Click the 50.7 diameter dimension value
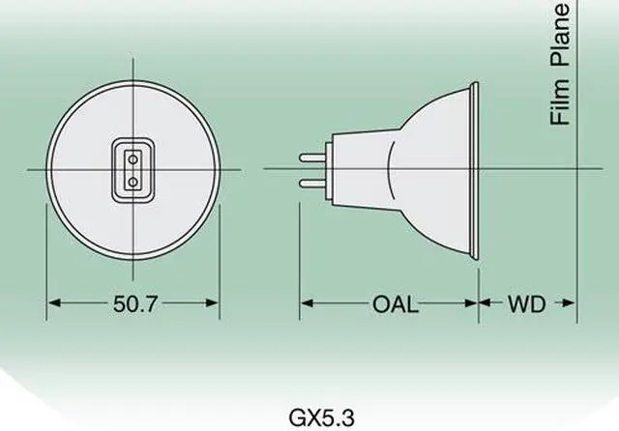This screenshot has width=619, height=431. click(133, 304)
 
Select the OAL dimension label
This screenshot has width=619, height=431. click(396, 304)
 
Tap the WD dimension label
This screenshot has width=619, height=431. click(527, 304)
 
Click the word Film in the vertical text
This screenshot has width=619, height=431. click(558, 100)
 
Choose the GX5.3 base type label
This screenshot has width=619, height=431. click(322, 417)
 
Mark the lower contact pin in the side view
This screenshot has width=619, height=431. click(310, 182)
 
